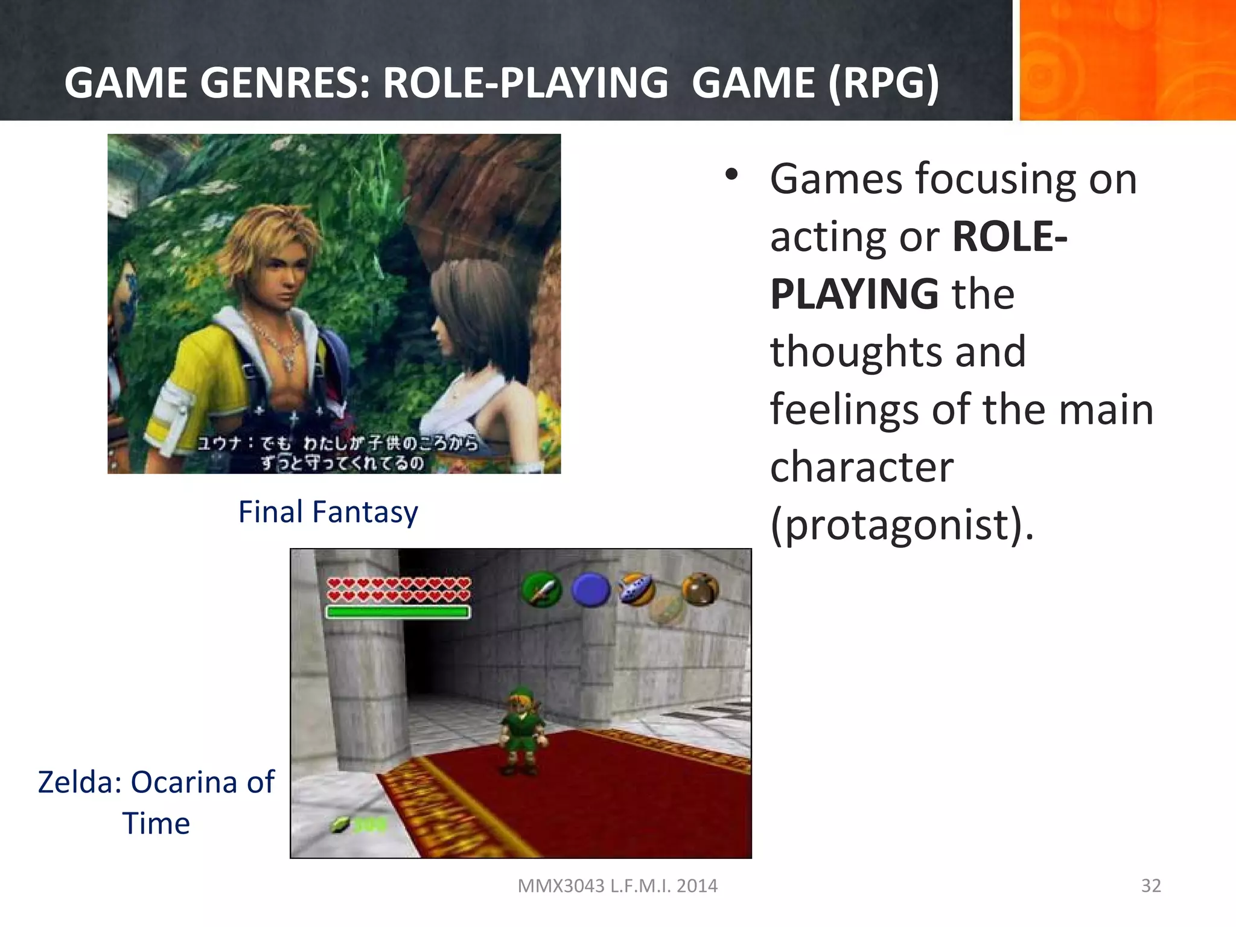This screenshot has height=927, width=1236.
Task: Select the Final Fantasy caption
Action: tap(328, 512)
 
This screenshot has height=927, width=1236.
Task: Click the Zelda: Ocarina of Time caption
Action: tap(156, 802)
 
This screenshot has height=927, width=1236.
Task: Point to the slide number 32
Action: tap(1151, 885)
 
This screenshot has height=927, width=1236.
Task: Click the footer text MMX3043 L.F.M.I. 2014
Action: tap(617, 885)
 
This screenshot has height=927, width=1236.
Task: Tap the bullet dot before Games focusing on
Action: tap(731, 175)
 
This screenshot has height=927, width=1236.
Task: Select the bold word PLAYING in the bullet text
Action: tap(854, 294)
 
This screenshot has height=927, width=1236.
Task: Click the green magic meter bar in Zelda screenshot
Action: tap(398, 612)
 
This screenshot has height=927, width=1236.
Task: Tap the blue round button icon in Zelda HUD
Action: tap(591, 589)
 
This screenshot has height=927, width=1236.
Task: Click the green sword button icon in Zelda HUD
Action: tap(541, 589)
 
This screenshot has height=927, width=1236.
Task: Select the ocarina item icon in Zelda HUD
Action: tap(637, 588)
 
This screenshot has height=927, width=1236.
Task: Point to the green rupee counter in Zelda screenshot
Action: tap(360, 824)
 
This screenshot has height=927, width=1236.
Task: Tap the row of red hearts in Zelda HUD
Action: tap(398, 589)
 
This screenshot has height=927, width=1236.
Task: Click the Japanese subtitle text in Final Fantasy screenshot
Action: tap(339, 453)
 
